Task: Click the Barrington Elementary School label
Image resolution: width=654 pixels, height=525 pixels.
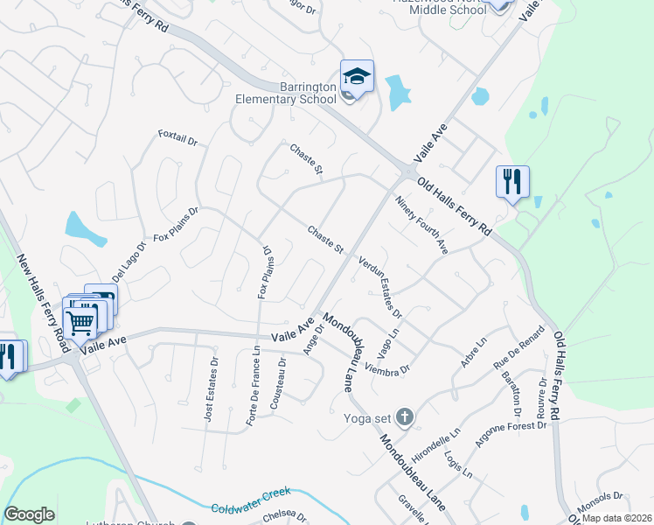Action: [x=284, y=94]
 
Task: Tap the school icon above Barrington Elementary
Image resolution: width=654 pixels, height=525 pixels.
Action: [x=357, y=76]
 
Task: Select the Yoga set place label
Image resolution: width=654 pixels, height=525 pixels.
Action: [x=369, y=417]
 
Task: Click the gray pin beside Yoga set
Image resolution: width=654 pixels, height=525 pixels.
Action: [x=404, y=417]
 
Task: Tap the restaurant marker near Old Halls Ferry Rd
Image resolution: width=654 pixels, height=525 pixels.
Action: [x=511, y=182]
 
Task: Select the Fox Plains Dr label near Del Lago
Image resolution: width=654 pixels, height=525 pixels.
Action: [x=177, y=224]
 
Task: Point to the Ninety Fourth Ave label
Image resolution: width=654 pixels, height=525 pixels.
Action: [x=421, y=225]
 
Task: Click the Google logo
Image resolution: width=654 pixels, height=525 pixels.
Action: [x=29, y=514]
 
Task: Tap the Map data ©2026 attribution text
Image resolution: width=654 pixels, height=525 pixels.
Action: [x=616, y=518]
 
